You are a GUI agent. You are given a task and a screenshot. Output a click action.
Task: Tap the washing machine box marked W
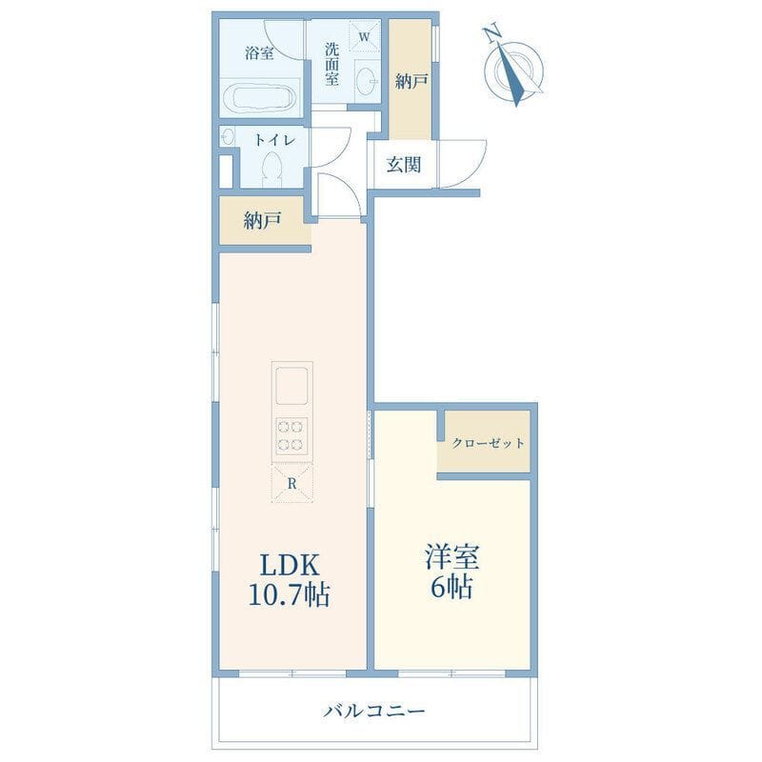coord(364,35)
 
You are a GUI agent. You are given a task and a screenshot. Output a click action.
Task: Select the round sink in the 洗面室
coord(367,79)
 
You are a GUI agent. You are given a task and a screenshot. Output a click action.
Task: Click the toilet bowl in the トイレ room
coord(272,168)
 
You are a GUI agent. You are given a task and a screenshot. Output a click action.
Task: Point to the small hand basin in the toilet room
coord(228,136)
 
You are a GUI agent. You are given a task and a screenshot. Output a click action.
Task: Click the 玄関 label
coord(403,165)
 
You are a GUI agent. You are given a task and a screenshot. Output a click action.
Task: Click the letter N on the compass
coord(492,33)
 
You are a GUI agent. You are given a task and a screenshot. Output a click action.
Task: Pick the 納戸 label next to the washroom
coord(411,81)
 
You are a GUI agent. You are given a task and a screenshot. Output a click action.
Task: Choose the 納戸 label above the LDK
coord(263,221)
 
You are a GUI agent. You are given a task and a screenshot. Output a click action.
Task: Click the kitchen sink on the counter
coord(292,386)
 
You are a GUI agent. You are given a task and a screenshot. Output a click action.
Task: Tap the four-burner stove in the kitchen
coord(291,435)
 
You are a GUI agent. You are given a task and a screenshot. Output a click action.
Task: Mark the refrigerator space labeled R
coord(291,484)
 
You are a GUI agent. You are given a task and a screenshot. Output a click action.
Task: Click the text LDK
coord(291,566)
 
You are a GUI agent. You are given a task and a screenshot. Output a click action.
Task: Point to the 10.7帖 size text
coord(290,594)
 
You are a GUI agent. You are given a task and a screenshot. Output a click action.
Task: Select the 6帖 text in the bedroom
coord(451,589)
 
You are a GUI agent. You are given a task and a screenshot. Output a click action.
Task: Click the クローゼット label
coord(489,443)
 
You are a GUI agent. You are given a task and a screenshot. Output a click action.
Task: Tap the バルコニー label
coord(374,712)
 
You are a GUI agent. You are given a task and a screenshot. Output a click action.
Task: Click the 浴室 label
coord(259,52)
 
